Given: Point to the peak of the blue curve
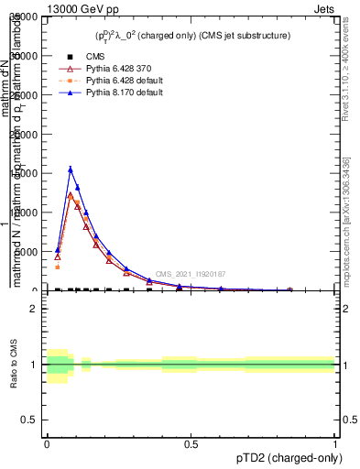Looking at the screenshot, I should [71, 169].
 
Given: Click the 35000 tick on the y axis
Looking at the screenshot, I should [24, 17].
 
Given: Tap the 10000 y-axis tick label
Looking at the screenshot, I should [24, 213].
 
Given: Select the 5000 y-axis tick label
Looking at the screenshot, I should [27, 252].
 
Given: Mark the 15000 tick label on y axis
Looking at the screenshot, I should [24, 174].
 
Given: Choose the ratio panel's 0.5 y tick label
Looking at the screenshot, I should [30, 420].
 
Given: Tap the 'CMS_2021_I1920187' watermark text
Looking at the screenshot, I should [190, 274].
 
